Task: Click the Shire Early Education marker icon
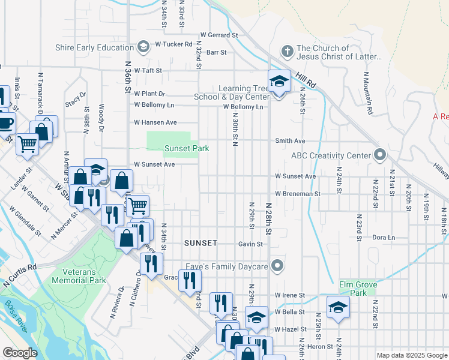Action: coord(143,47)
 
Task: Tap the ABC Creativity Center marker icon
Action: coord(379,155)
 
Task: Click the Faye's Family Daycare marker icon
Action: coord(277,265)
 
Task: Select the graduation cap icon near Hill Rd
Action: coord(279,80)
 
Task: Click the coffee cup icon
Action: coord(5,123)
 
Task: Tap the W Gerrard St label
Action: coord(220,35)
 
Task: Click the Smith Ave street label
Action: coord(291,141)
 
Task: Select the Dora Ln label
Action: coord(384,238)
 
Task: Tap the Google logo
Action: coord(21,353)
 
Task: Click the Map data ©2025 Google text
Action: coord(411,355)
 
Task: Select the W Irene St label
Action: coord(290,295)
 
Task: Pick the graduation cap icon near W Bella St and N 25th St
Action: coord(338,307)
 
